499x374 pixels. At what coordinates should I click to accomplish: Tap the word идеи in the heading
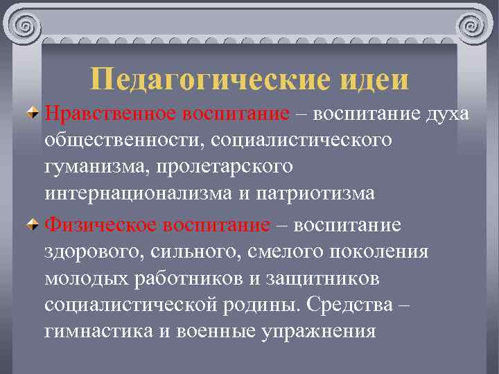pyautogui.click(x=374, y=79)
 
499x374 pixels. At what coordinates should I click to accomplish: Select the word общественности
pyautogui.click(x=117, y=140)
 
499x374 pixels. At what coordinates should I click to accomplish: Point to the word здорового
pyautogui.click(x=91, y=252)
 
